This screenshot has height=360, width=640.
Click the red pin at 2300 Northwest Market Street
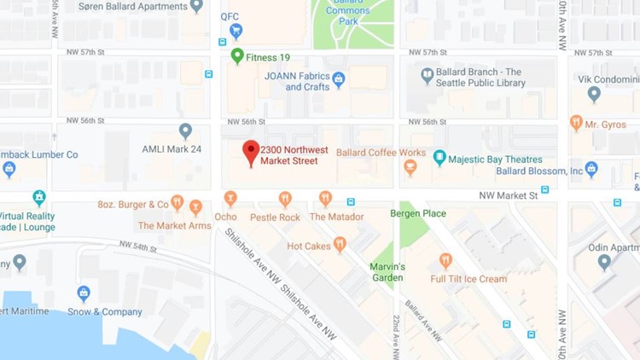click(x=250, y=151)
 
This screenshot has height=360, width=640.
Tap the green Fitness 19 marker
click(x=237, y=56)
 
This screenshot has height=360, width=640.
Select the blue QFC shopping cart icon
click(x=236, y=31)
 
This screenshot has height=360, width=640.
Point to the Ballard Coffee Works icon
click(x=410, y=167)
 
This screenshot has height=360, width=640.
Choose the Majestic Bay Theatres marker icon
click(x=439, y=158)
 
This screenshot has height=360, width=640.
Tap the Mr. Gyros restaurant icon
click(x=576, y=123)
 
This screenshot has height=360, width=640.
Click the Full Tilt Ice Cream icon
click(x=445, y=260)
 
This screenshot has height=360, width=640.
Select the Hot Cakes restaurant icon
click(x=340, y=244)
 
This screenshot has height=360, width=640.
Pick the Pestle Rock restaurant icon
click(x=285, y=199)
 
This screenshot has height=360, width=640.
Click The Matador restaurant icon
click(x=325, y=199)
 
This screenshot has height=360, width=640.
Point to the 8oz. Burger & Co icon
click(x=177, y=203)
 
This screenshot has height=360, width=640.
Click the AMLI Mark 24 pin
click(x=185, y=131)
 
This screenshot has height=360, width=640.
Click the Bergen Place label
click(x=418, y=213)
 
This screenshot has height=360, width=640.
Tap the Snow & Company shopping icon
click(x=84, y=293)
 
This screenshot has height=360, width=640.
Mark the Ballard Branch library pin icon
click(x=428, y=76)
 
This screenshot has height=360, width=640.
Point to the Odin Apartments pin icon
click(x=604, y=262)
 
